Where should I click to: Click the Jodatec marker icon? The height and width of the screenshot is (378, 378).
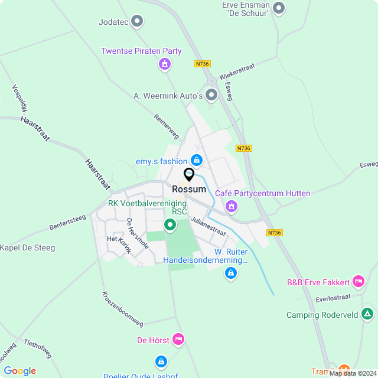(x=138, y=22)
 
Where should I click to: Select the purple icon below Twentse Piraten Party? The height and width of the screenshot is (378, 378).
(x=165, y=64)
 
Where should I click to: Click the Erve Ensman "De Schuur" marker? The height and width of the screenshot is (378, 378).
(x=279, y=8)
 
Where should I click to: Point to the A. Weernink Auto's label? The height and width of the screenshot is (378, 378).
(x=168, y=96)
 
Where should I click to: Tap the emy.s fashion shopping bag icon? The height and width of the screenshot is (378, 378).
(x=197, y=160)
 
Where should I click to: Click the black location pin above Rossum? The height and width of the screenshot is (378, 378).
(x=189, y=175)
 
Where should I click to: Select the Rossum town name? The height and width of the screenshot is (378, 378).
(x=189, y=189)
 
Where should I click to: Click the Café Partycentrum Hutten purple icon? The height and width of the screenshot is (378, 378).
(x=231, y=206)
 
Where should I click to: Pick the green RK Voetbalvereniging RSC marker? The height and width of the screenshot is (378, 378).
(x=170, y=224)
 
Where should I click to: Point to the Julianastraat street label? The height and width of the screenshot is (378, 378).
(x=208, y=226)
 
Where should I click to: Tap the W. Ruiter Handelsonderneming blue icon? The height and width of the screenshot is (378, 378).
(x=231, y=273)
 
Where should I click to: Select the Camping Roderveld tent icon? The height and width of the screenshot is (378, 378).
(x=367, y=314)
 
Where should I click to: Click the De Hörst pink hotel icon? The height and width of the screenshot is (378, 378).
(x=178, y=340)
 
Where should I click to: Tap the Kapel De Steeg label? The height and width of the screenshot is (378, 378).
(x=27, y=248)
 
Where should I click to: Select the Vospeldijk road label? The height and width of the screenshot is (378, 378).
(x=21, y=100)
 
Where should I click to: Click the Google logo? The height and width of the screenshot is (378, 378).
(x=19, y=370)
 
